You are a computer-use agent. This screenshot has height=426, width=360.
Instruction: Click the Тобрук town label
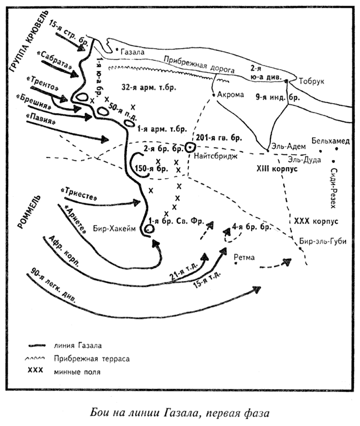pyautogui.click(x=311, y=81)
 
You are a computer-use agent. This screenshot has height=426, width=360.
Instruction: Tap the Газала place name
pyautogui.click(x=132, y=52)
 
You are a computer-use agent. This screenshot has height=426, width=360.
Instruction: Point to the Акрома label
pyautogui.click(x=231, y=94)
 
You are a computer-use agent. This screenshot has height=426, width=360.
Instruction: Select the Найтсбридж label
pyautogui.click(x=216, y=156)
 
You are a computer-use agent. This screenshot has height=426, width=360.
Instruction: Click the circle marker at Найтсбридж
pyautogui.click(x=190, y=148)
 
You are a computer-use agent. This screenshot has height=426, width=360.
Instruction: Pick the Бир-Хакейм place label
pyautogui.click(x=114, y=229)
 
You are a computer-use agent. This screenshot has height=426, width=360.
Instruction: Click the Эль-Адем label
pyautogui.click(x=288, y=146)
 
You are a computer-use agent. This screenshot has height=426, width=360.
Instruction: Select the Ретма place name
pyautogui.click(x=244, y=257)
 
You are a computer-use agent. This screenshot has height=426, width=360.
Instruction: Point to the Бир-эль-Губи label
pyautogui.click(x=323, y=241)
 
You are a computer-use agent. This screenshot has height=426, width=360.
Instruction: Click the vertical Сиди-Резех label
pyautogui.click(x=334, y=188)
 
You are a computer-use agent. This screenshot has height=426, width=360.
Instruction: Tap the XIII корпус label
pyautogui.click(x=277, y=169)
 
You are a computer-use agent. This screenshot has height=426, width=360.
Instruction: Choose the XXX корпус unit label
pyautogui.click(x=316, y=221)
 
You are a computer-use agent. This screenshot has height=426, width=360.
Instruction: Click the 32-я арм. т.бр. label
pyautogui.click(x=149, y=87)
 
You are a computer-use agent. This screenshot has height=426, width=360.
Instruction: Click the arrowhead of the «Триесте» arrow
pyautogui.click(x=136, y=202)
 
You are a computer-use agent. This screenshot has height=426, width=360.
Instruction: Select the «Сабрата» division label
pyautogui.click(x=55, y=60)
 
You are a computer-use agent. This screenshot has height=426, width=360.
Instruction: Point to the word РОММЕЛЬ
pyautogui.click(x=29, y=212)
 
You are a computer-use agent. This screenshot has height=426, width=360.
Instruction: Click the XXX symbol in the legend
pyautogui.click(x=35, y=370)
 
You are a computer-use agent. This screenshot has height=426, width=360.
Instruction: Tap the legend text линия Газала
pyautogui.click(x=78, y=345)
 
